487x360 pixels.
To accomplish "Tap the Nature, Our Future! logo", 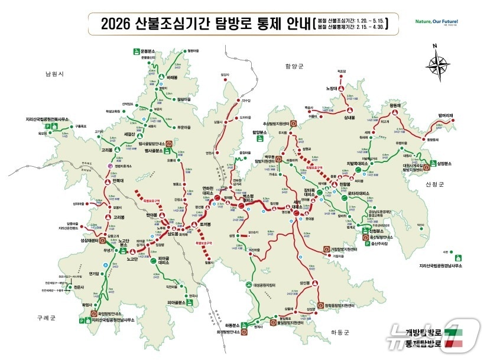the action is (x=436, y=22).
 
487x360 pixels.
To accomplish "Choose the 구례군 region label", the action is (x=44, y=317).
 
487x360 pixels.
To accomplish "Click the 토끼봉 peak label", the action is (x=206, y=225).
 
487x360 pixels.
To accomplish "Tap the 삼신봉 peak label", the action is (x=305, y=283).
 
